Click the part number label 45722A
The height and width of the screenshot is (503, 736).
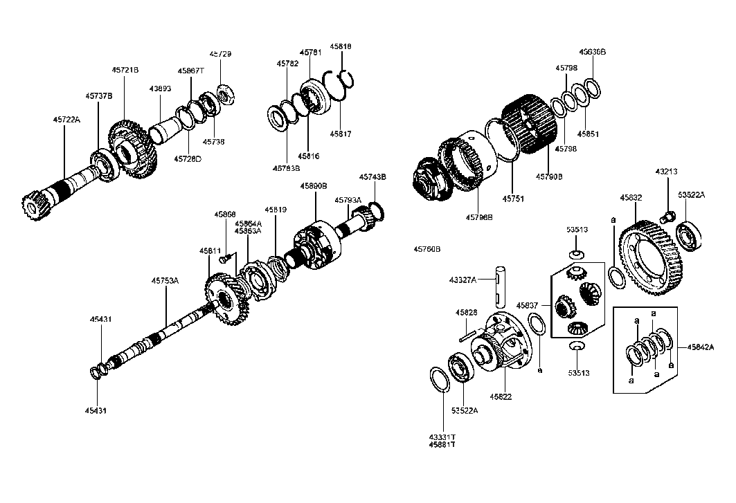pos(66,120)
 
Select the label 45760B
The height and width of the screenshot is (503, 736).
pos(427,248)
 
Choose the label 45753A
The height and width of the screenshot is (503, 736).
pos(165,280)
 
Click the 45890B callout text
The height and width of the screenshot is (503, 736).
pos(314,186)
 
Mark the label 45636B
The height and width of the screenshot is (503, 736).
pos(593,52)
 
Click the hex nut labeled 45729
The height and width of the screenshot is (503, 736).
pos(226,93)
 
